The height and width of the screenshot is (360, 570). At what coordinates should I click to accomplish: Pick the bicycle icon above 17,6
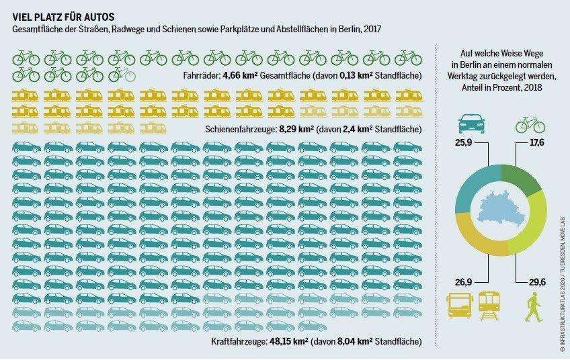click(x=530, y=124)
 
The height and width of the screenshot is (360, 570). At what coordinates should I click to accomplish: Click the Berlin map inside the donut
click(x=500, y=211)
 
